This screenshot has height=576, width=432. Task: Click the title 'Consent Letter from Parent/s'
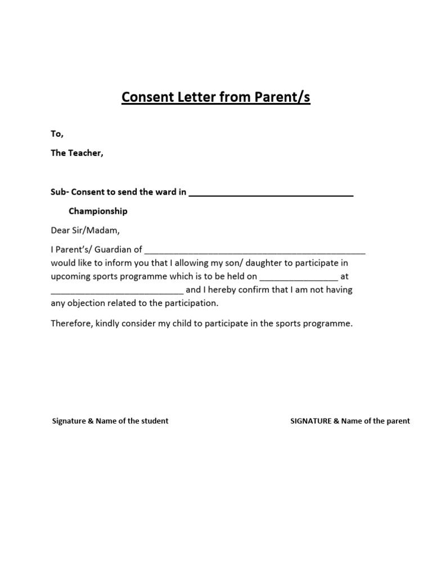(216, 98)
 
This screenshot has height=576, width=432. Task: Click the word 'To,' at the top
(57, 134)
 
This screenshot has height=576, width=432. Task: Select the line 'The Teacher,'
(77, 153)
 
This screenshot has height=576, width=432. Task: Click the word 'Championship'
(98, 211)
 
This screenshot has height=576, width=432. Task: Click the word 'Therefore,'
(71, 324)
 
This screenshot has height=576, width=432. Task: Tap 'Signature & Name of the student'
(110, 421)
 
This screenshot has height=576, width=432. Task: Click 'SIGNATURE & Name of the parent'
(350, 421)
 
